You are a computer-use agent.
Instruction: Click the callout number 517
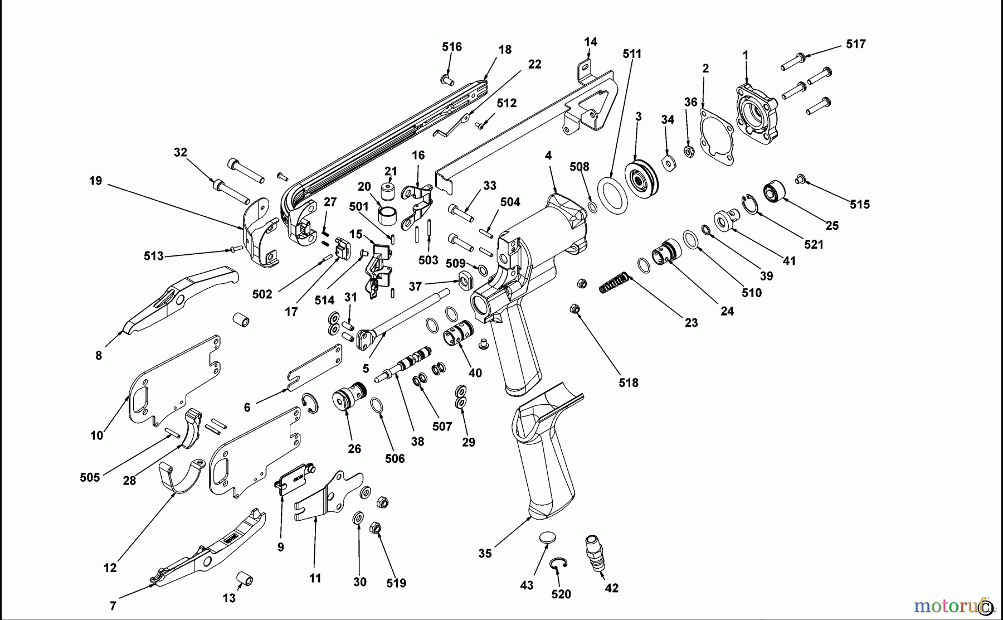tap(855, 44)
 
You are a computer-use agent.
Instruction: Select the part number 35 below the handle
tap(485, 554)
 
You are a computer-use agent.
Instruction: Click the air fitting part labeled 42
tap(595, 552)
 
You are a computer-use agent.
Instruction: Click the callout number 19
tap(96, 181)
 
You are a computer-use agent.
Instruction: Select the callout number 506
tap(395, 459)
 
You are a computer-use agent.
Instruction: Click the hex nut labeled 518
tap(576, 309)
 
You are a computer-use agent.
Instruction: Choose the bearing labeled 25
tap(773, 191)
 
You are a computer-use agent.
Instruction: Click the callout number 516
tap(452, 47)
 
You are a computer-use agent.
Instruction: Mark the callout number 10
tap(97, 435)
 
